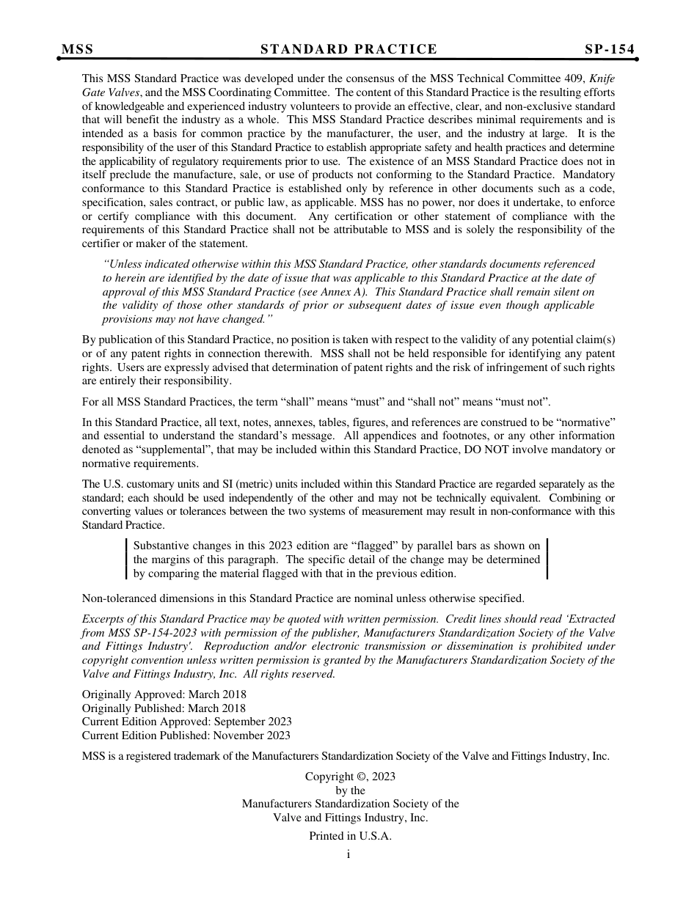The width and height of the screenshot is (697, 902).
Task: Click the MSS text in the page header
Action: [77, 49]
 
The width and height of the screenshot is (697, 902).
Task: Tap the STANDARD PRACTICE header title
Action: [348, 49]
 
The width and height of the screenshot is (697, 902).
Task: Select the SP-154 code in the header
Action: [609, 49]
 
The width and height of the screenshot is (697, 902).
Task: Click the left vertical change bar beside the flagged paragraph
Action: [127, 560]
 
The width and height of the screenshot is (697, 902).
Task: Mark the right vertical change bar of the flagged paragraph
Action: [547, 560]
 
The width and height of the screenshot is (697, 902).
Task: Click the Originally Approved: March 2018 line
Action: [164, 694]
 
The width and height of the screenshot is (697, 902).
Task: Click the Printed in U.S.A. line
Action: [350, 836]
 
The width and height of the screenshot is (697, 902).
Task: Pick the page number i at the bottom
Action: [348, 854]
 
